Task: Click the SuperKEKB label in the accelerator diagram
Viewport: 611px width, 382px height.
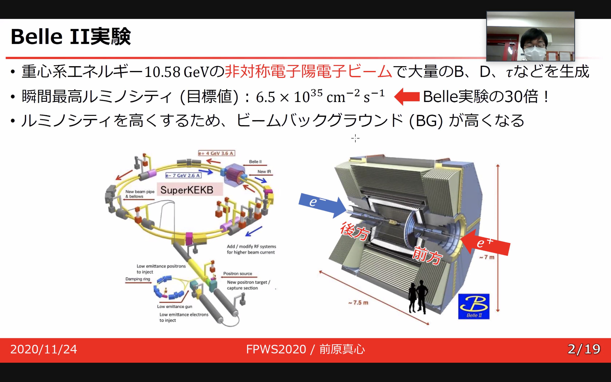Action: (187, 190)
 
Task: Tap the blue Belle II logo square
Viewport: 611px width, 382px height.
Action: (474, 306)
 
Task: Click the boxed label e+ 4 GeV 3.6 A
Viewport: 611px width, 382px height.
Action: (216, 153)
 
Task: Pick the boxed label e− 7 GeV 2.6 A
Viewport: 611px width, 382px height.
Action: (183, 175)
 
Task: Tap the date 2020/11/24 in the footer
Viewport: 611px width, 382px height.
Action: (43, 349)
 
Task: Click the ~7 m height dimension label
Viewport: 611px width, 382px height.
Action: (487, 257)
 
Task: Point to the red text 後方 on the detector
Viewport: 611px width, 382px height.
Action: (355, 231)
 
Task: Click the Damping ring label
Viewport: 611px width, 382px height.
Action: (138, 279)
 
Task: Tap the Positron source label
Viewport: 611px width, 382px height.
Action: (238, 273)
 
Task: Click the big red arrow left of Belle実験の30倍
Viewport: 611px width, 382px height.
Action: (407, 97)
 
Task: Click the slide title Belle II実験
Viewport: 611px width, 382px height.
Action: (71, 37)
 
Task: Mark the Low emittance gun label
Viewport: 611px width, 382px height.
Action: (174, 307)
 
